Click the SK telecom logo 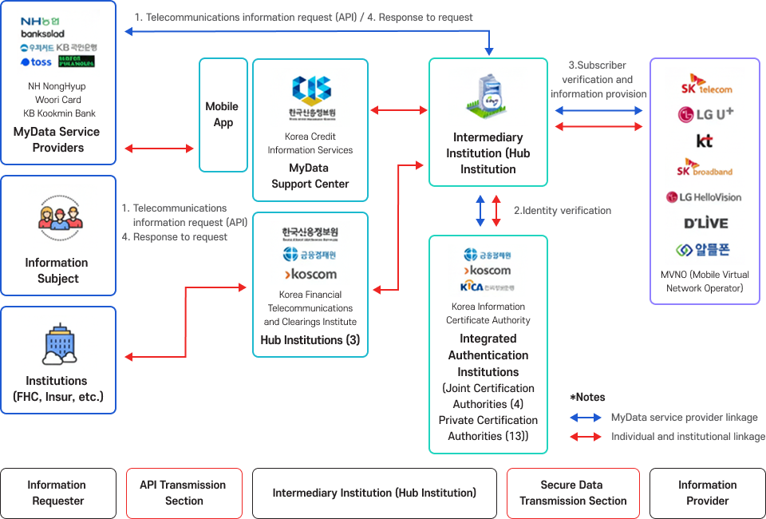click(705, 84)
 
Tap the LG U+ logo click(705, 114)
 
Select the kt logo click(705, 141)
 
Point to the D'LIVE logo click(705, 223)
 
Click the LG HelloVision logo click(705, 196)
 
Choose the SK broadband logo click(705, 168)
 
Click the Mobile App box click(223, 114)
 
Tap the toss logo click(36, 62)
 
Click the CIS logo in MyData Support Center click(310, 89)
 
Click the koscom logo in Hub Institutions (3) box click(310, 274)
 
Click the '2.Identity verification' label click(562, 211)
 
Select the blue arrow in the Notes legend click(586, 418)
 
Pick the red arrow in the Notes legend click(586, 437)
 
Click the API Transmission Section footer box click(183, 493)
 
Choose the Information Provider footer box click(707, 493)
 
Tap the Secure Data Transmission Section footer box click(573, 493)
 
